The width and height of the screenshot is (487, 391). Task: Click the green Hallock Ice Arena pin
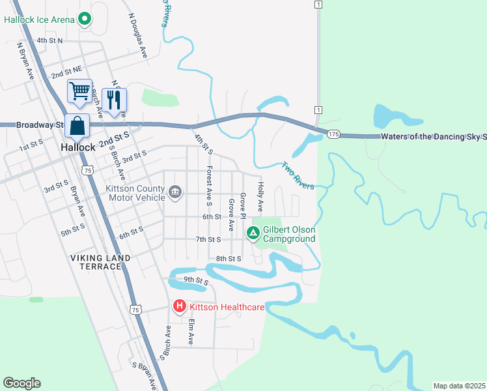pyautogui.click(x=84, y=20)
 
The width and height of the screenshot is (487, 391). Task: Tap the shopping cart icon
pyautogui.click(x=79, y=91)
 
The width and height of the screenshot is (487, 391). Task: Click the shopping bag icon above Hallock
pyautogui.click(x=77, y=125)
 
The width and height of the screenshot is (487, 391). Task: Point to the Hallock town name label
pyautogui.click(x=77, y=147)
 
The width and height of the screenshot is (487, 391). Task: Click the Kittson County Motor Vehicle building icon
pyautogui.click(x=174, y=192)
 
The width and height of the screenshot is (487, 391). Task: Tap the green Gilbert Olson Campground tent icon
pyautogui.click(x=253, y=232)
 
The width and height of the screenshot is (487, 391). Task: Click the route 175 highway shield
pyautogui.click(x=333, y=134)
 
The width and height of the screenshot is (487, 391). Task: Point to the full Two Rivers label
pyautogui.click(x=298, y=176)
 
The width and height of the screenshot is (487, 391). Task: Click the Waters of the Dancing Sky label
pyautogui.click(x=434, y=136)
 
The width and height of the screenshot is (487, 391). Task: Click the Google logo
pyautogui.click(x=21, y=383)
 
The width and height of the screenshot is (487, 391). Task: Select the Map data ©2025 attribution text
pyautogui.click(x=458, y=386)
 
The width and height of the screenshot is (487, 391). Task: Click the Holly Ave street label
pyautogui.click(x=259, y=197)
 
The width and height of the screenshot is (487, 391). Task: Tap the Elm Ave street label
pyautogui.click(x=191, y=331)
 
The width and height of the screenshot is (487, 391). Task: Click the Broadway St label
pyautogui.click(x=38, y=124)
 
